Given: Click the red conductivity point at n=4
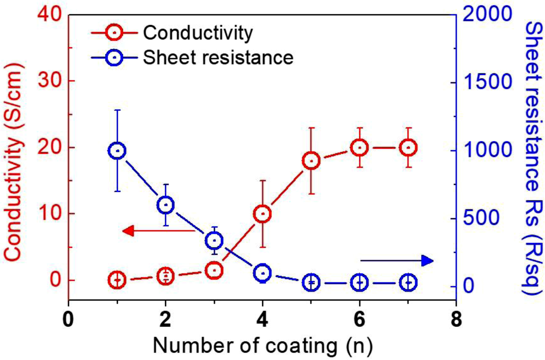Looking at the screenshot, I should (x=262, y=214).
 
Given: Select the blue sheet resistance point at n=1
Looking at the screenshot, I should (x=117, y=151).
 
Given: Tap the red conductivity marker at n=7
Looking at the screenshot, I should (x=408, y=148).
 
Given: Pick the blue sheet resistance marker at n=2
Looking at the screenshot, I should (x=165, y=205).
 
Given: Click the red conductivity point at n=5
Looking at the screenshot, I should (x=311, y=161).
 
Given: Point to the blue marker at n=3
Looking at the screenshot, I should (x=214, y=240).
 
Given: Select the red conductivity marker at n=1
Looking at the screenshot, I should (x=117, y=280).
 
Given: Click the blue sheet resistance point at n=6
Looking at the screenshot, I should (x=359, y=282).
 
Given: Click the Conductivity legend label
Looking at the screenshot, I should (x=197, y=33).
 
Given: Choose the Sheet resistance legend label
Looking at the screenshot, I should (x=218, y=57).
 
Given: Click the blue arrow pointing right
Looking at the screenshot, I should (x=397, y=260).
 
